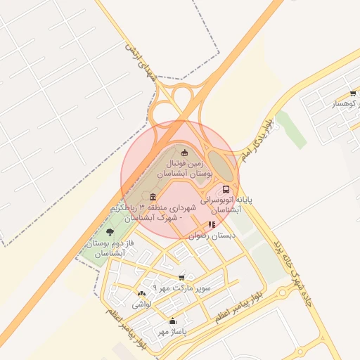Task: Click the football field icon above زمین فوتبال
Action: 185,153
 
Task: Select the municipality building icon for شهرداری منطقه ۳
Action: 153,197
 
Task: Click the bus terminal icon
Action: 226,189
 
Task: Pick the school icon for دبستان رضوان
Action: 212,225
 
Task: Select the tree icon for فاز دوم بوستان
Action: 109,232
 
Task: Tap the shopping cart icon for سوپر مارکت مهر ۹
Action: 182,277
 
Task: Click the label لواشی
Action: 141,305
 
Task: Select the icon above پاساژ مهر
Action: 172,321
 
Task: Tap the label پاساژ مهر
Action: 172,332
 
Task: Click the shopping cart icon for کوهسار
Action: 352,94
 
